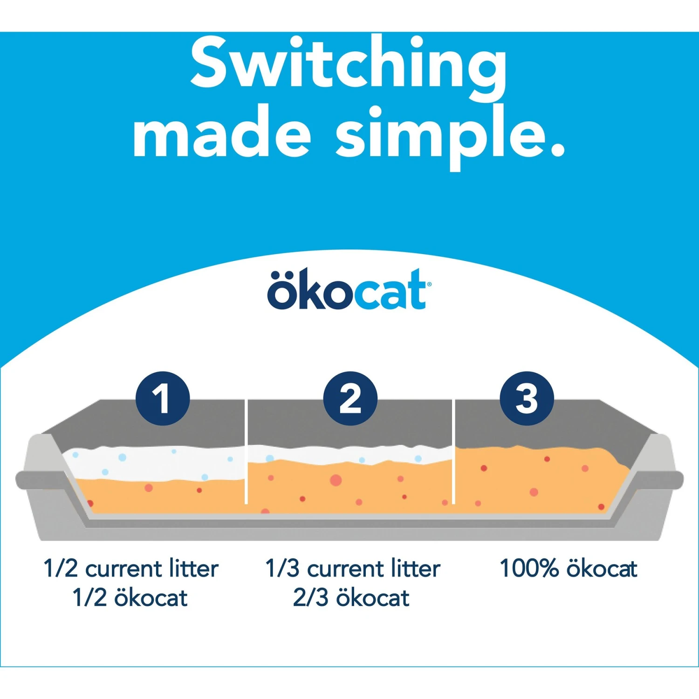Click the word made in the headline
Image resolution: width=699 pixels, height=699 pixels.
coord(222,134)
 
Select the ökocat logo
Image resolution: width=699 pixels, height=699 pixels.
coord(349,290)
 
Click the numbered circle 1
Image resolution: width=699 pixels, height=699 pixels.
coord(163,398)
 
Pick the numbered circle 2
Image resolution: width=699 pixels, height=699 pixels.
coord(350,398)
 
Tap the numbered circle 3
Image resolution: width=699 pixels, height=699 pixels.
coord(527,398)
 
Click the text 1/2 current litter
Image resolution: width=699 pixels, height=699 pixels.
coord(131,569)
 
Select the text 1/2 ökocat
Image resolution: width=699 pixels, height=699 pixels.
coord(130,598)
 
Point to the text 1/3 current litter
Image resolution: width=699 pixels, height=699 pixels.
coord(353,569)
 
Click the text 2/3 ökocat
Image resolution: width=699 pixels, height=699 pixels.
coord(351,598)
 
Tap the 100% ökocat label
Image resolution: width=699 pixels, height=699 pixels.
coord(568,569)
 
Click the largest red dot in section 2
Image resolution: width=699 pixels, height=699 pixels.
coord(336,480)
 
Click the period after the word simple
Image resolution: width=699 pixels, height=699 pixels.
coord(557,150)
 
